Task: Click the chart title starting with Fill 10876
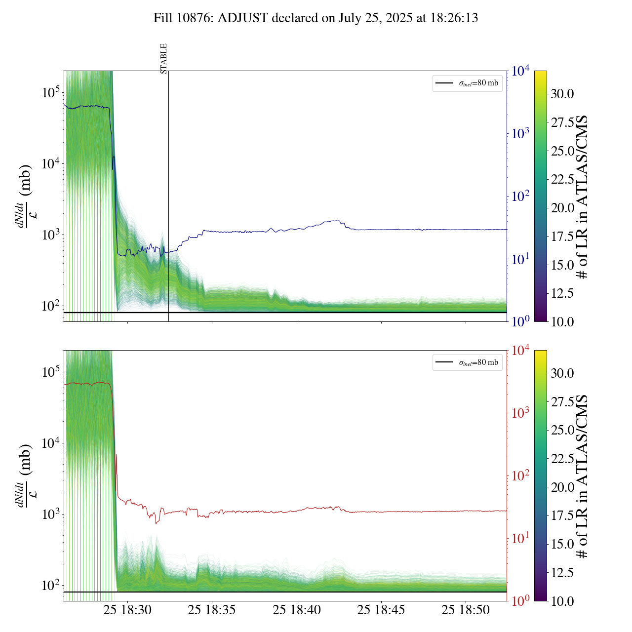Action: tap(316, 18)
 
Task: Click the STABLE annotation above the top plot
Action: tap(164, 59)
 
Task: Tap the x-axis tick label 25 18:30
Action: tap(127, 610)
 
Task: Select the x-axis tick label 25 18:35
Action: tap(212, 610)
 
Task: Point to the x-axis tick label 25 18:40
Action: tap(297, 610)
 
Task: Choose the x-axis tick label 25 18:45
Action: tap(381, 610)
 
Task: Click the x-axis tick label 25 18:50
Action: tap(466, 610)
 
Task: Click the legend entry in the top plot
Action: tap(468, 83)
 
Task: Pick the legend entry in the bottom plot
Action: tap(468, 362)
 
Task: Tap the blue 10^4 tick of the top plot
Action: tap(521, 71)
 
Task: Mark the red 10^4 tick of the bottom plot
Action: tap(521, 351)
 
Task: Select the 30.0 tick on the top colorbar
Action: tap(562, 94)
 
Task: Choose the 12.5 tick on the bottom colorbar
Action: tap(562, 573)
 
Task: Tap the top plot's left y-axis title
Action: tap(25, 197)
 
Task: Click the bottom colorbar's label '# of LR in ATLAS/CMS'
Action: tap(583, 476)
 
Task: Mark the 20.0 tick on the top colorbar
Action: tap(562, 208)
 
